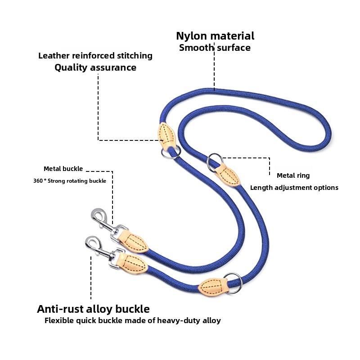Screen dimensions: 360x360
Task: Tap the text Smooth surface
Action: coord(215,48)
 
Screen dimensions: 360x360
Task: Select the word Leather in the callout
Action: coord(54,56)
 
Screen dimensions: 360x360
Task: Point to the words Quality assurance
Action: coord(95,68)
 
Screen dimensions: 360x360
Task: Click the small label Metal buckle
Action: coord(63,169)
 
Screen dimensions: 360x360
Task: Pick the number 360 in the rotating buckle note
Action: coord(38,181)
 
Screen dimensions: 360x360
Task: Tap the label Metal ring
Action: coord(293,175)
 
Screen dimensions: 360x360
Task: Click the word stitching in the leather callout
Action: coord(133,56)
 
